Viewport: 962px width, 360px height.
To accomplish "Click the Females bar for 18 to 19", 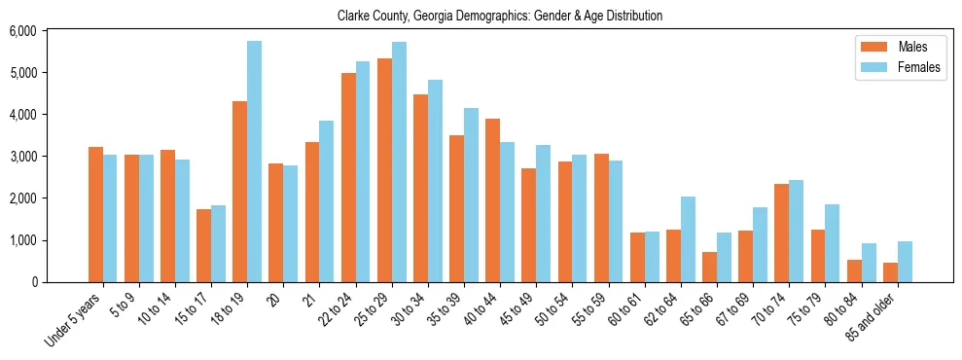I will click(x=254, y=162).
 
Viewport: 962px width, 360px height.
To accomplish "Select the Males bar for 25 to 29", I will click(x=384, y=170).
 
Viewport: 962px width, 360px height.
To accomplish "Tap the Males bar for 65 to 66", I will click(x=709, y=267).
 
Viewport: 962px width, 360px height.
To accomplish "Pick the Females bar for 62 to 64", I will click(x=688, y=239).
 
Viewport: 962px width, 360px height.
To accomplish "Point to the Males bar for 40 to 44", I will click(x=492, y=200).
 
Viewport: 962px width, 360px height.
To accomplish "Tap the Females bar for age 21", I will click(x=327, y=201).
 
